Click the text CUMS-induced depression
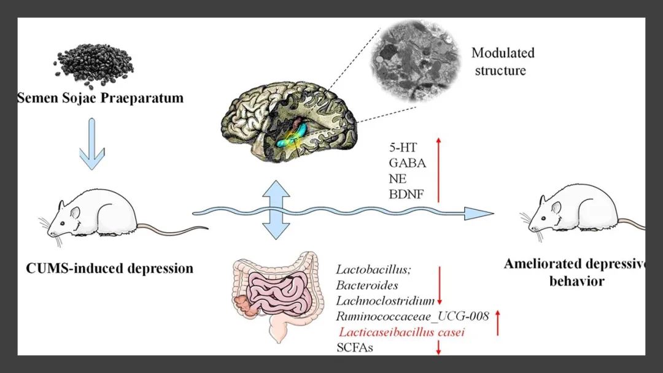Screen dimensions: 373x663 pyautogui.click(x=110, y=268)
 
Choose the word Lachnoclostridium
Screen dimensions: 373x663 pyautogui.click(x=386, y=301)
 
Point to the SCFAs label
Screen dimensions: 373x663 pyautogui.click(x=355, y=348)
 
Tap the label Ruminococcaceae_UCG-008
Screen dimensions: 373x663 pyautogui.click(x=412, y=317)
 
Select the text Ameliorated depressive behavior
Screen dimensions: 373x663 pyautogui.click(x=574, y=273)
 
